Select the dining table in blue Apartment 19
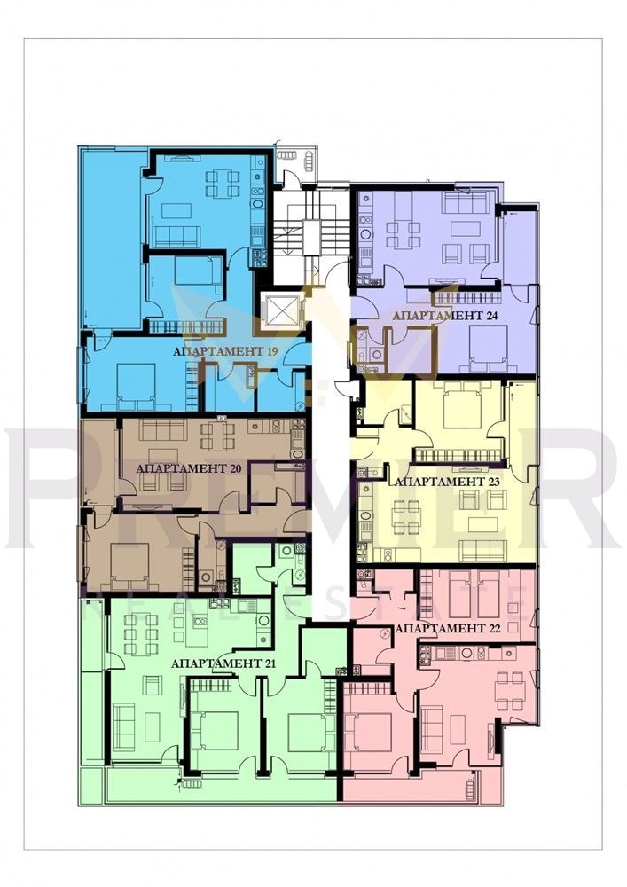pyautogui.click(x=223, y=183)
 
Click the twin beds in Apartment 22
pyautogui.click(x=474, y=593)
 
